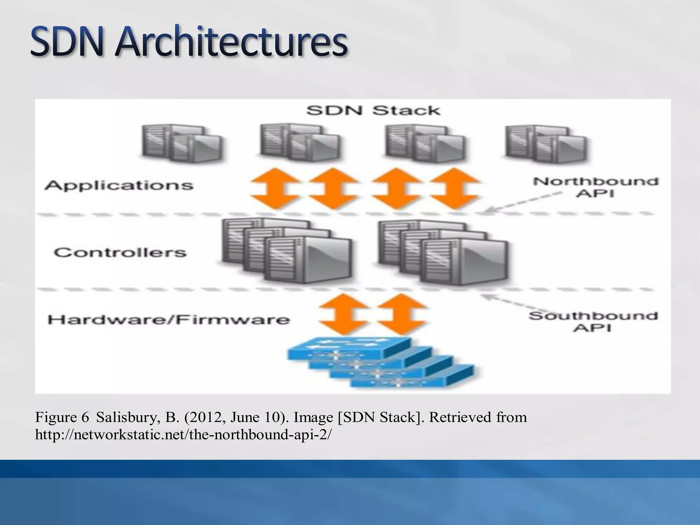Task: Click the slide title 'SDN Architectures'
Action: coord(189,43)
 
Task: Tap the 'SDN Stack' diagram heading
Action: coord(373,110)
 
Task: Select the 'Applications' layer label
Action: coord(119,185)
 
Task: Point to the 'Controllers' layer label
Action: coord(120,253)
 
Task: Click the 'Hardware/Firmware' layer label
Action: coord(169,320)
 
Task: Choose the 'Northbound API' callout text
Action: coord(595,187)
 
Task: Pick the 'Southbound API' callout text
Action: coord(593,321)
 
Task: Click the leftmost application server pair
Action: coord(182,143)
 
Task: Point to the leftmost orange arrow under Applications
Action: coord(274,188)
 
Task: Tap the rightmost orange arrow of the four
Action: coord(454,188)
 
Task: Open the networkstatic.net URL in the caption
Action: coord(183,435)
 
